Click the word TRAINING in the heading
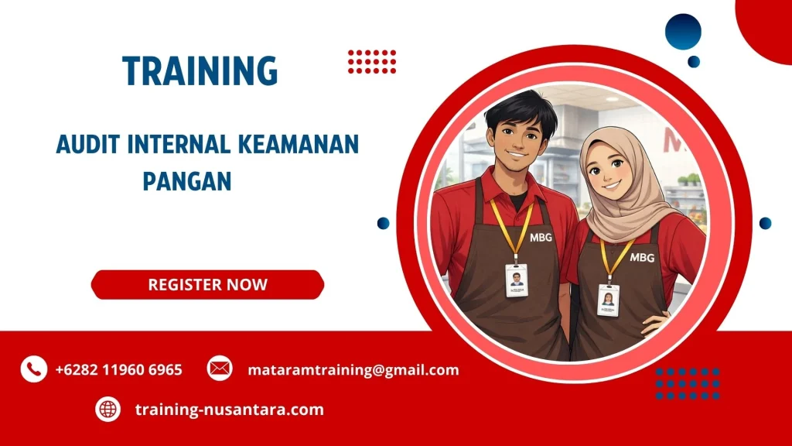point(200,72)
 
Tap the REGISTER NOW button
point(207,284)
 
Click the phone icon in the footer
point(33,369)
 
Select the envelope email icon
point(220,369)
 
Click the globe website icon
point(108,409)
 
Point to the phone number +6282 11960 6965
point(118,369)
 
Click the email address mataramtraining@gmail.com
point(353,369)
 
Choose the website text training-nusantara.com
point(229,409)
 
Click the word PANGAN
point(187,181)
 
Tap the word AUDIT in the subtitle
point(85,145)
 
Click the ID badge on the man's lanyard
point(517,280)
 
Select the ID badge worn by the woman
point(608,299)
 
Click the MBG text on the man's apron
point(541,238)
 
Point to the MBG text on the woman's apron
point(642,257)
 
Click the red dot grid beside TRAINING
point(371,61)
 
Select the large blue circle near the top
point(683,32)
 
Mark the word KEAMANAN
point(308,145)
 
